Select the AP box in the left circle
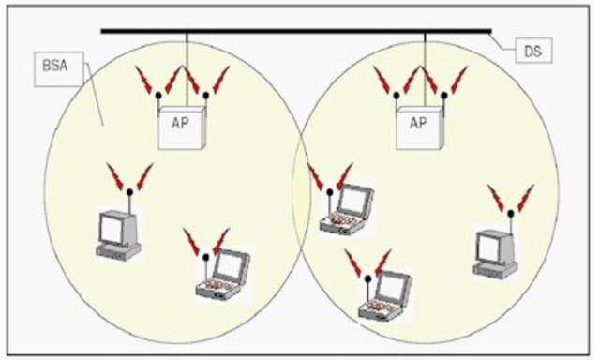coord(181,125)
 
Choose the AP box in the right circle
coord(417,125)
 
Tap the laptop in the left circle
coord(223,276)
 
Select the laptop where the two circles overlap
coord(346,210)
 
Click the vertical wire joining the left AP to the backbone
coord(187,66)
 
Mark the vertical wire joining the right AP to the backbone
coord(424,66)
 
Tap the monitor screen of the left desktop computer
coord(116,228)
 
